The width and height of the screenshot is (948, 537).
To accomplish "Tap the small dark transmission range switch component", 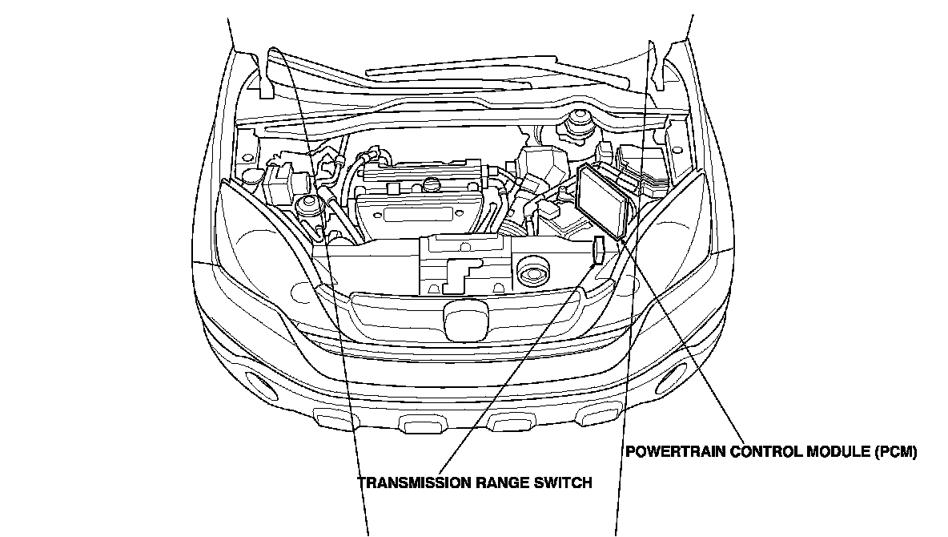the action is pos(598,250).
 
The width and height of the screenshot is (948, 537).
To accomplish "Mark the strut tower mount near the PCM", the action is pos(576,127).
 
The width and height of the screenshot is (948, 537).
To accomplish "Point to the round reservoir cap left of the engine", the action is pos(305,205).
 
